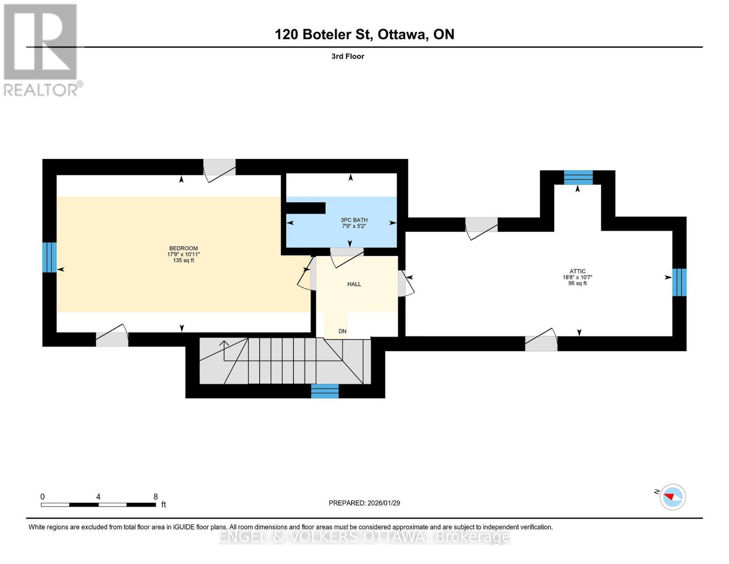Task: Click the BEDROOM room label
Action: (183, 248)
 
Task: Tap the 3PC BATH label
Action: (354, 220)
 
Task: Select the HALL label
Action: (354, 284)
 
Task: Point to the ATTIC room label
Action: (577, 271)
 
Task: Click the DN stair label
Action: (342, 331)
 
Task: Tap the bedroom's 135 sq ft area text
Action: (183, 260)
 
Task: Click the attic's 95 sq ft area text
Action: (577, 283)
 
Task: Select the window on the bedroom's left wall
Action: (49, 257)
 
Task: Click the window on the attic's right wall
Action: (679, 282)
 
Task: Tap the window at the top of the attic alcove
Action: (578, 177)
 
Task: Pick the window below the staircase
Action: (325, 391)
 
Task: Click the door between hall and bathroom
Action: (347, 252)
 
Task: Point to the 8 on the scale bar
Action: (155, 497)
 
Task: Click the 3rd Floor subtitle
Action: (347, 56)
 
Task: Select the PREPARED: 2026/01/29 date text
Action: (364, 503)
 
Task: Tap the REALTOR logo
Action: (41, 50)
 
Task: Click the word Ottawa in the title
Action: (402, 34)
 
